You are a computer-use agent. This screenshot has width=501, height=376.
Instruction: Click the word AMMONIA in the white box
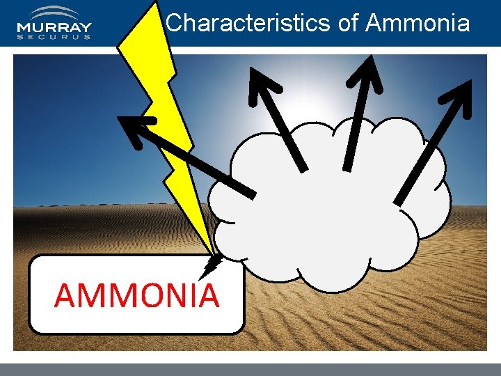coord(136,295)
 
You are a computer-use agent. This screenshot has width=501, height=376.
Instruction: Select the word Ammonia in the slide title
coord(417,23)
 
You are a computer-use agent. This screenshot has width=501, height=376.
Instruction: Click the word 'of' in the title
coord(348,23)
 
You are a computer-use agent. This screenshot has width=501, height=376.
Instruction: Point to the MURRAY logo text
coord(54,29)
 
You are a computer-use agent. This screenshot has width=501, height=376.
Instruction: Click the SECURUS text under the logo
coord(54,38)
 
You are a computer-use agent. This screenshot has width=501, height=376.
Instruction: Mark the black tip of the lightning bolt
coord(212,263)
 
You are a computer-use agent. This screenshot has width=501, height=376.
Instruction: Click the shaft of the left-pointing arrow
coord(202,164)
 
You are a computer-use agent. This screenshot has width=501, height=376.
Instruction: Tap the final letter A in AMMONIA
coord(208,295)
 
